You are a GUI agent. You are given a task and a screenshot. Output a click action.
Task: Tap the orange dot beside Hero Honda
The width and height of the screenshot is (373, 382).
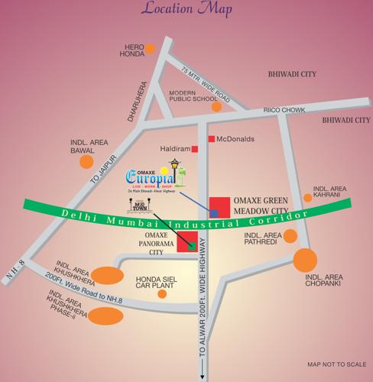pyautogui.click(x=151, y=48)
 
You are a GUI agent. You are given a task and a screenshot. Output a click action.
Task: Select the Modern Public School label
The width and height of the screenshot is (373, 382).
pyautogui.click(x=187, y=96)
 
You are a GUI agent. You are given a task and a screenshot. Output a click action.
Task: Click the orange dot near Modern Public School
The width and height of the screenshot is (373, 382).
pyautogui.click(x=216, y=106)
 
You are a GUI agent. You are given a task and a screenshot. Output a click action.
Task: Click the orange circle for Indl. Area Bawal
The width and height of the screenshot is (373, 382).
pyautogui.click(x=87, y=161)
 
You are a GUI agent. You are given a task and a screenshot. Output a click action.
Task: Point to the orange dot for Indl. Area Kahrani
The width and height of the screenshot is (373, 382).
pyautogui.click(x=307, y=197)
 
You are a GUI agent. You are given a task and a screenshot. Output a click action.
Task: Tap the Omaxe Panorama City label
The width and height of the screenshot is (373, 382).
pyautogui.click(x=144, y=244)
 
